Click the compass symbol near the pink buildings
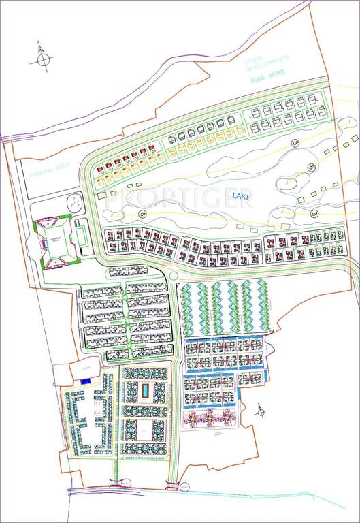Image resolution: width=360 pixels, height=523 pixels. (x=261, y=411)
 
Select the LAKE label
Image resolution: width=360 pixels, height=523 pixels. (x=241, y=197)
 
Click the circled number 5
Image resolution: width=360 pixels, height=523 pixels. (x=295, y=143)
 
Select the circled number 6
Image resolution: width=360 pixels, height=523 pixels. (x=311, y=167)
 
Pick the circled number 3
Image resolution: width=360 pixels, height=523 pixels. (x=315, y=213)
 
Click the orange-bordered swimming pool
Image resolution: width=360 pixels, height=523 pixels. (x=146, y=392)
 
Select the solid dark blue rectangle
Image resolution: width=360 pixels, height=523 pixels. (x=84, y=382)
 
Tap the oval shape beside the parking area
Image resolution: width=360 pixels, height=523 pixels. (x=72, y=202)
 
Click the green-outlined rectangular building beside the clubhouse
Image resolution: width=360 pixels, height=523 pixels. (x=82, y=236)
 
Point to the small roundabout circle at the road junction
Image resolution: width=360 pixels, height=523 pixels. (x=174, y=274)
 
